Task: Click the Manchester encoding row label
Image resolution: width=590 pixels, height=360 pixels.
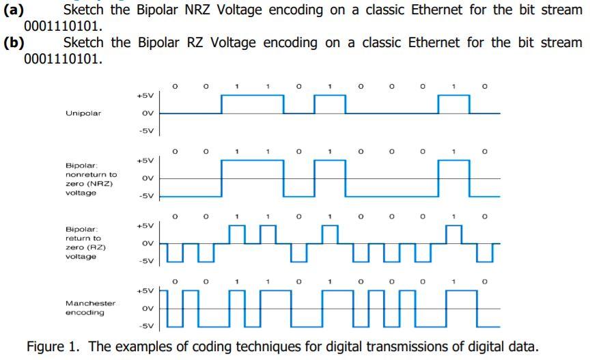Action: (x=90, y=307)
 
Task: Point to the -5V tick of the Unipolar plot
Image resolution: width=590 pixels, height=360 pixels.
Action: (x=146, y=130)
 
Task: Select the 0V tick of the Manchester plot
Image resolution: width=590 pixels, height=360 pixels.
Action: (x=147, y=308)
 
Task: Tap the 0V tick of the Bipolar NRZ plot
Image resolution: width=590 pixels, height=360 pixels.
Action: (x=147, y=178)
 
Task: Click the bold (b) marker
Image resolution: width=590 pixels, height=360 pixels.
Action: (x=14, y=42)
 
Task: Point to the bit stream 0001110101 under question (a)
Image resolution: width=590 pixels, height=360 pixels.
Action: (x=63, y=27)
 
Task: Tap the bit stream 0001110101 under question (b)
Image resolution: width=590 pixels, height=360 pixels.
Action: (x=63, y=58)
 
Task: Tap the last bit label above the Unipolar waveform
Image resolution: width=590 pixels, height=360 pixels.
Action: (x=485, y=87)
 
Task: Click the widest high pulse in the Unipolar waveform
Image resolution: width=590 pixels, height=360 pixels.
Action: (x=252, y=96)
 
